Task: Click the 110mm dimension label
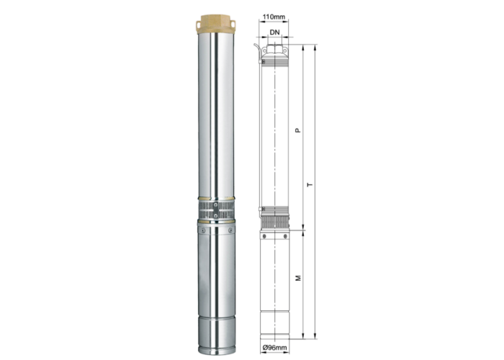coord(274,17)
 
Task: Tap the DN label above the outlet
coord(274,32)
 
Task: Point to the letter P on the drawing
coord(298,130)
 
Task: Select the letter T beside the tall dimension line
coord(310,185)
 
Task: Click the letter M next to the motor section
coord(298,278)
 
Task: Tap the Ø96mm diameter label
coord(274,348)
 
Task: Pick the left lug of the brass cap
coord(198,24)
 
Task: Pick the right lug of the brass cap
coord(233,24)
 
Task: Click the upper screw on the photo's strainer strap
coord(216,204)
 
